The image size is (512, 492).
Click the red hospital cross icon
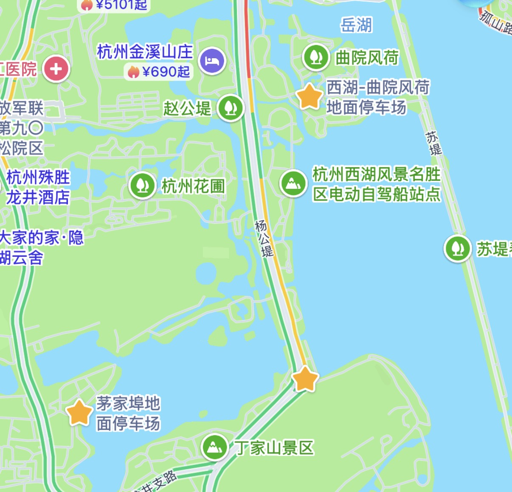pos(56,69)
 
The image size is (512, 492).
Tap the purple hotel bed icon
pos(212,61)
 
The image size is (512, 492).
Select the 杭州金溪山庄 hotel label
pos(145,52)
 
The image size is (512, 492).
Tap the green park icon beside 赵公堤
pos(231,108)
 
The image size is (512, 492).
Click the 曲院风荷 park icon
pos(315,57)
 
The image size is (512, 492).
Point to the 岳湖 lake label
pos(356,25)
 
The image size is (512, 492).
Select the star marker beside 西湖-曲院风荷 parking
pos(309,97)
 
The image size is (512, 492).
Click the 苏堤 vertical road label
pos(433,143)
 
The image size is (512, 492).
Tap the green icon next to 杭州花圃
pos(143,186)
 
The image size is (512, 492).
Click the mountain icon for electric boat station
pos(293,183)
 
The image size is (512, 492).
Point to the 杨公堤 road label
pos(264,239)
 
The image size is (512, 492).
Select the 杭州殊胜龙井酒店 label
pos(38,187)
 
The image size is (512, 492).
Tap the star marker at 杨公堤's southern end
pos(305,379)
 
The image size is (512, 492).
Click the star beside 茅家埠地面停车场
pos(79,412)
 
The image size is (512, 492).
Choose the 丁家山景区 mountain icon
pos(214,447)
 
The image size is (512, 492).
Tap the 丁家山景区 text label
pos(274,447)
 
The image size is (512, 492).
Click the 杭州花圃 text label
pos(193,186)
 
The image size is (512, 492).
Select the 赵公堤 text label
pos(187,108)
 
